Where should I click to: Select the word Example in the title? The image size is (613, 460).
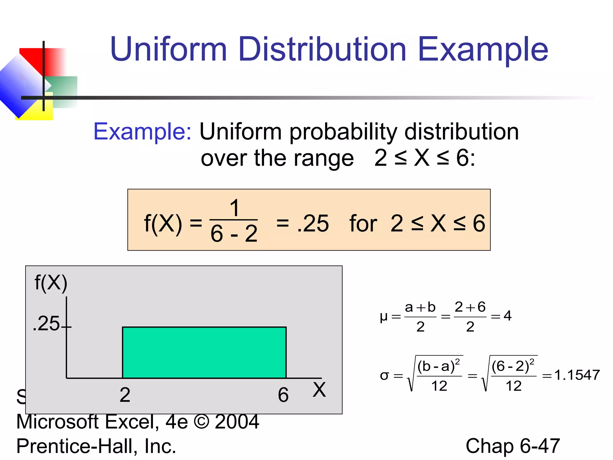click(482, 49)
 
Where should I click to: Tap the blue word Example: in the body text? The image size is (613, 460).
click(142, 131)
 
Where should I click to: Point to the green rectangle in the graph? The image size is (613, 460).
click(204, 352)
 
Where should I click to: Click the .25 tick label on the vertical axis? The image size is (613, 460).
click(46, 324)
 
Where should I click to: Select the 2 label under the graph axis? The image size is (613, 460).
click(125, 395)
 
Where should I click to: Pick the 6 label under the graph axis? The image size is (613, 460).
click(283, 395)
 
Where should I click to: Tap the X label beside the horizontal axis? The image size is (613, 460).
click(319, 390)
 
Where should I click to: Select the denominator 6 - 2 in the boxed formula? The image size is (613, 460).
click(234, 234)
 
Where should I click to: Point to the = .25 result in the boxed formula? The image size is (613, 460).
click(302, 223)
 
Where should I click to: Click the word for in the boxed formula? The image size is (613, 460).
click(363, 223)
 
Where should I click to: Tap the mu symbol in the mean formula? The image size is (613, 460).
click(383, 317)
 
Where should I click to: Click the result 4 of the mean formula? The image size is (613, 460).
click(507, 315)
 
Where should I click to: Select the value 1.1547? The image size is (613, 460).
click(577, 375)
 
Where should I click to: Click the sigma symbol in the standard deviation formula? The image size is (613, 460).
click(384, 376)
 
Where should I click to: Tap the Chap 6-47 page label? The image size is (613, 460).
click(512, 446)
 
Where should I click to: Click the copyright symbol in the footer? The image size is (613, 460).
click(201, 422)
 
